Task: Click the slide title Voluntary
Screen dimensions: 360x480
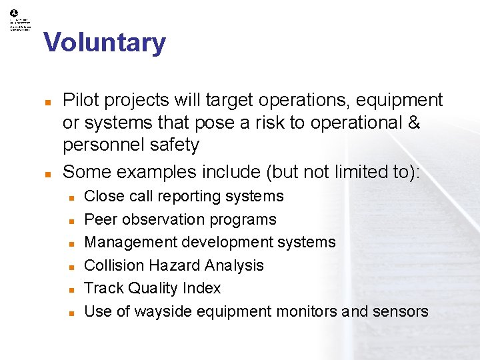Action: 105,43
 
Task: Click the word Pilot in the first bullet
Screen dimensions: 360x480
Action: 79,100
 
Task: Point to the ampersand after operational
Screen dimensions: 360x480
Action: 413,123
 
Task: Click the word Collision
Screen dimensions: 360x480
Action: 111,265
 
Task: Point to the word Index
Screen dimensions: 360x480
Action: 203,288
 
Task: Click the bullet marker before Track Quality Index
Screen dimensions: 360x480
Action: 71,289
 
